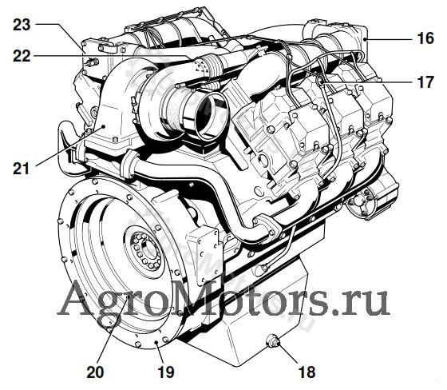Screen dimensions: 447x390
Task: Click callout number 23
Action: point(22,25)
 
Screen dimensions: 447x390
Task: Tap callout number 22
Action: point(22,56)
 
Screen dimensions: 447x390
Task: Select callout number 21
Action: point(21,169)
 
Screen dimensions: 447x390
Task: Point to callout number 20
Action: point(95,372)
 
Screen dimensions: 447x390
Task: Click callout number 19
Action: point(166,372)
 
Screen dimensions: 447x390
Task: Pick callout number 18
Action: point(307,372)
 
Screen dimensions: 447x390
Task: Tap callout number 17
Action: point(425,82)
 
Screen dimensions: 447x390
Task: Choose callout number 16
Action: point(425,38)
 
